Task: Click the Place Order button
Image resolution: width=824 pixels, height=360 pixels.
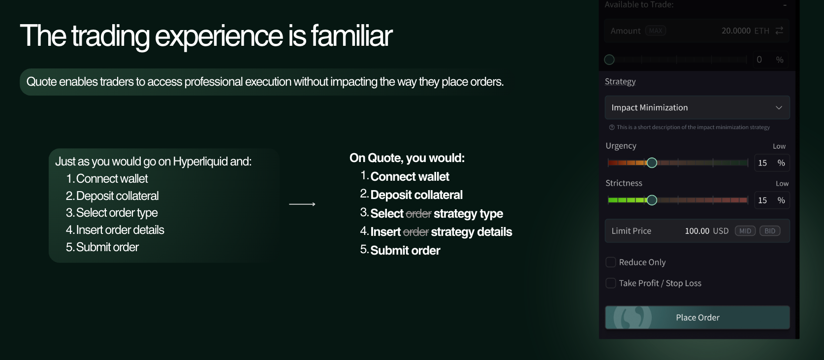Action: click(x=697, y=317)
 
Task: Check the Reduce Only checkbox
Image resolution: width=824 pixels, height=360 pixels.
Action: click(x=611, y=262)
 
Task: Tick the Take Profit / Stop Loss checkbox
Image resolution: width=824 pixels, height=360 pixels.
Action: click(x=611, y=283)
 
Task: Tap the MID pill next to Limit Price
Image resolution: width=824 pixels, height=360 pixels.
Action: click(x=745, y=231)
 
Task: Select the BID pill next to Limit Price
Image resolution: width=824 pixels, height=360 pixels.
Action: click(x=769, y=231)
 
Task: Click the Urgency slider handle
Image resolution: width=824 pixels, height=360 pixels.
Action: click(x=652, y=163)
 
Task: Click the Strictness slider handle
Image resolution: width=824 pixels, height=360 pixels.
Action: click(x=652, y=200)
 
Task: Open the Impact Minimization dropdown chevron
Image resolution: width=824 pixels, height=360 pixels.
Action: click(x=779, y=107)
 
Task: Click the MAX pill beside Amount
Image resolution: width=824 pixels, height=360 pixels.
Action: click(x=656, y=31)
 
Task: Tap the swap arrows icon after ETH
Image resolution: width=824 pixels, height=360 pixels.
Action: click(x=779, y=31)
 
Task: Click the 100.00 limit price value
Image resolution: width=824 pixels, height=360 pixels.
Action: click(x=697, y=231)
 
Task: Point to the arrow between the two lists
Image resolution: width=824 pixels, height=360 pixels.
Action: click(x=302, y=204)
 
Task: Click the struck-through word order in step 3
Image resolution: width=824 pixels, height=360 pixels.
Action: click(x=418, y=214)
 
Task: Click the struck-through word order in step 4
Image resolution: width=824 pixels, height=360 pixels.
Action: click(x=415, y=232)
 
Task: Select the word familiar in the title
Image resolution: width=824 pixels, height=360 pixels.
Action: click(x=351, y=36)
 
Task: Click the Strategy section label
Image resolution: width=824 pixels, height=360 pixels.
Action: click(x=620, y=81)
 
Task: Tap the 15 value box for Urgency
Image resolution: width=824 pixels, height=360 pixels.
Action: click(x=771, y=163)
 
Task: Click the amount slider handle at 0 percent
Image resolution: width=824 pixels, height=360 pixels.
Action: click(x=609, y=60)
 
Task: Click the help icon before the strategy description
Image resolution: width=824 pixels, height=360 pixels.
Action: click(x=612, y=128)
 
